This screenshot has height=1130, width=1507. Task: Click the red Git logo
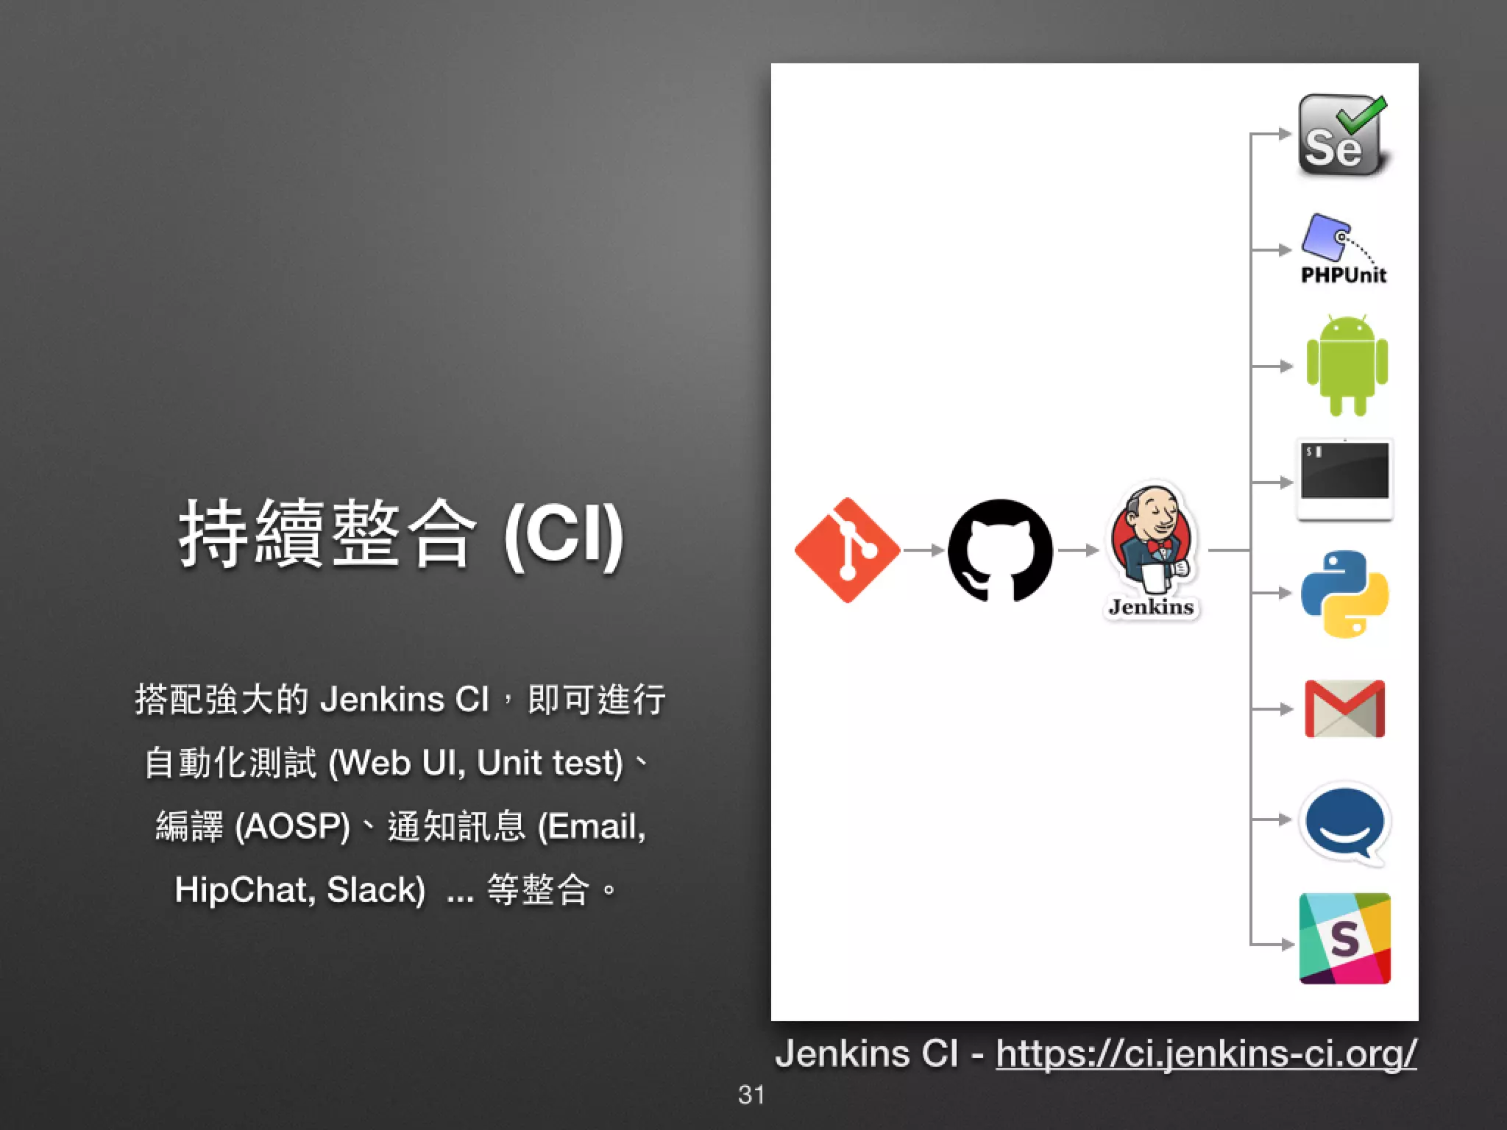click(847, 550)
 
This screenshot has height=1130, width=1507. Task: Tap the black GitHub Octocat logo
click(1000, 550)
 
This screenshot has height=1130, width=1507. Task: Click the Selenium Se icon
click(1342, 135)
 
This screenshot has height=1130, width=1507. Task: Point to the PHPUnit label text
click(1344, 275)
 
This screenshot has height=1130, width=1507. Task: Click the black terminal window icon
click(1344, 478)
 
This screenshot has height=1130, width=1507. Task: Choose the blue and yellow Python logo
click(1344, 593)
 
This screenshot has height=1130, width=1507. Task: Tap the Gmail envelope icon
click(1344, 708)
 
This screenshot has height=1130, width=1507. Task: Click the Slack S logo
click(1344, 939)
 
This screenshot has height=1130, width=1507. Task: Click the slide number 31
click(751, 1095)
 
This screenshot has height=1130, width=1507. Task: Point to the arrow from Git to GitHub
click(923, 550)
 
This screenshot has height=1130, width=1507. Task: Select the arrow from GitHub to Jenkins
click(1078, 550)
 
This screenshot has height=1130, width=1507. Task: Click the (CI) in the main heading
click(564, 536)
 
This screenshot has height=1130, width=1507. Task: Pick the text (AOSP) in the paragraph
click(292, 826)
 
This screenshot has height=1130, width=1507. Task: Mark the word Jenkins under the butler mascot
click(1151, 607)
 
